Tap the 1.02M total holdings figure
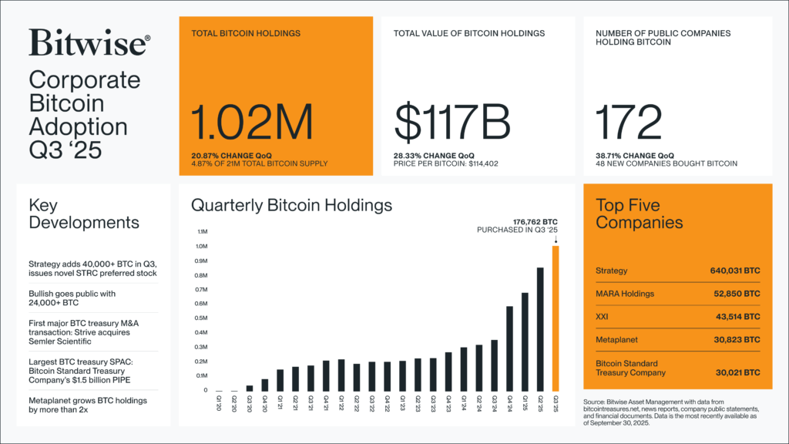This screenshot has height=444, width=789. tap(252, 123)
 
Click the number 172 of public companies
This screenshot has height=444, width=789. tap(629, 123)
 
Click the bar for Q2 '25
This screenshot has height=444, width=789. tap(541, 329)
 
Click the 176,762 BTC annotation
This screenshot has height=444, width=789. tap(535, 221)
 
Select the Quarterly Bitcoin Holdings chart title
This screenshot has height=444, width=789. tap(291, 205)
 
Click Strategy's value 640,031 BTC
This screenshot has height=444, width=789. tap(734, 271)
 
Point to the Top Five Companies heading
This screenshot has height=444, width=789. tap(640, 214)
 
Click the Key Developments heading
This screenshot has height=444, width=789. tap(84, 214)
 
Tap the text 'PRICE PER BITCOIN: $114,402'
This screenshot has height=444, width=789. tap(447, 163)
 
